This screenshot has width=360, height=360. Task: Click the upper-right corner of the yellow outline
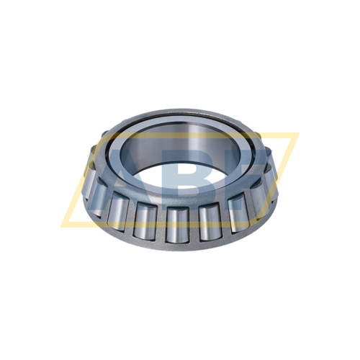tap(297, 133)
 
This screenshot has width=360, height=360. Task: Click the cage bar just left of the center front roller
tap(160, 223)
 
